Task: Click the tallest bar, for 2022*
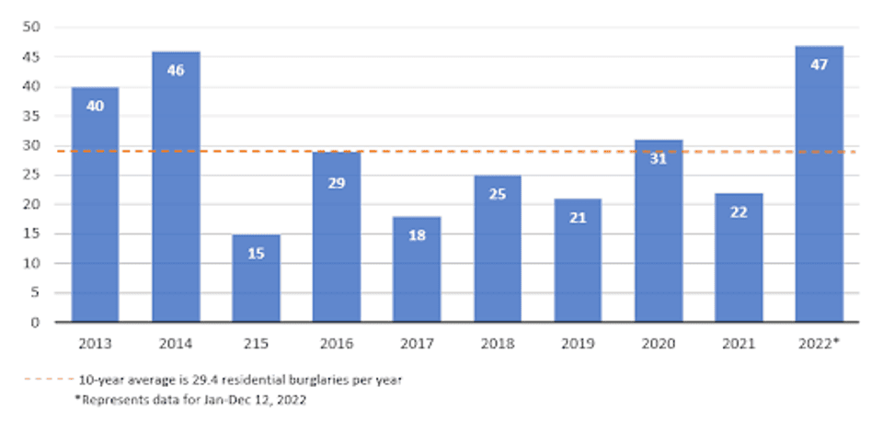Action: [819, 184]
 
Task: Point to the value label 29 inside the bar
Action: [337, 184]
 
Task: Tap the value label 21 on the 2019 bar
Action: [578, 221]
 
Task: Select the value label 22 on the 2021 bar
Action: [739, 212]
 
